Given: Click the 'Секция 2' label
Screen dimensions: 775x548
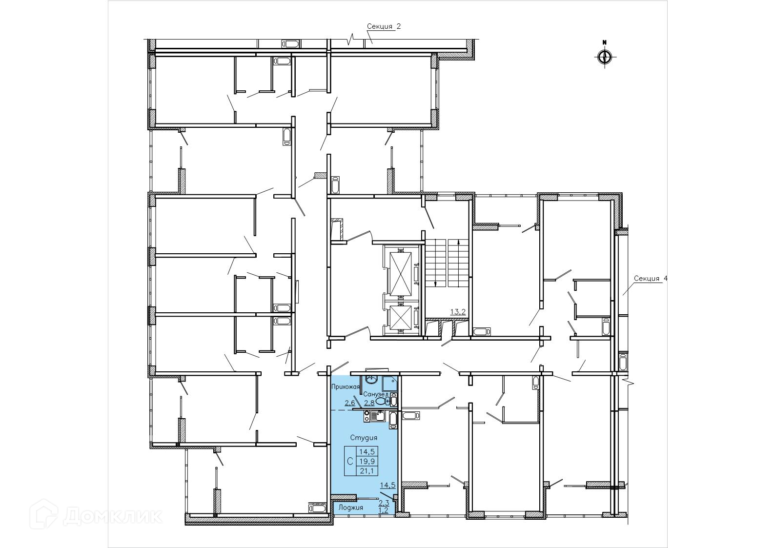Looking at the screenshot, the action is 384,27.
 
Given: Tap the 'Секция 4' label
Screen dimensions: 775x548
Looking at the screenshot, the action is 651,278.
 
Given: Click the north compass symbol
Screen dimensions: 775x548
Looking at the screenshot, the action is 605,56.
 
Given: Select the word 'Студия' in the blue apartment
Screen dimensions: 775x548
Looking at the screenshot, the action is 364,438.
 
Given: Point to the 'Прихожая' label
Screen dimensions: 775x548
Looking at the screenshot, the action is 346,387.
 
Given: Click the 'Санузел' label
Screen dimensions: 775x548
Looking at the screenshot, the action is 375,394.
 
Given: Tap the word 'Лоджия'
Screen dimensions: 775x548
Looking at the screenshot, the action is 351,507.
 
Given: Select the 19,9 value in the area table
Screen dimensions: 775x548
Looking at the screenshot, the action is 367,461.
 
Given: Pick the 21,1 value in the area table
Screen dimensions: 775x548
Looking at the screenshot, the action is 367,470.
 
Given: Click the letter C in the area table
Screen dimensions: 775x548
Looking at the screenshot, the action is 350,461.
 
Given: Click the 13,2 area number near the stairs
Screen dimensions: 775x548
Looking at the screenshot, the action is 458,312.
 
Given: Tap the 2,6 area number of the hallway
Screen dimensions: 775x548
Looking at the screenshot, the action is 350,403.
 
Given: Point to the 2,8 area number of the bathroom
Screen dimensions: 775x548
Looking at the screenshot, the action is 369,403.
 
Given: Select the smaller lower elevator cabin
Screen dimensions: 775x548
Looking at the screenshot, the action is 401,317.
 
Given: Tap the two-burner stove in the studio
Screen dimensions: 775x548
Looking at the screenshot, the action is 367,415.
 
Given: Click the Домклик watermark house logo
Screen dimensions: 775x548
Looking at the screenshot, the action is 43,516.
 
